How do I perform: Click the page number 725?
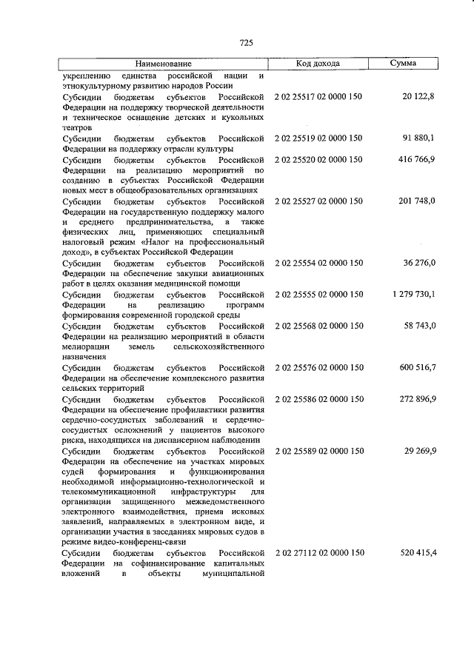click(x=247, y=43)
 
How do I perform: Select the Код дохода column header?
click(x=318, y=64)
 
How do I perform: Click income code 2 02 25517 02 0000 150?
click(x=318, y=97)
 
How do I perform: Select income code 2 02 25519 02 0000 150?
click(x=318, y=138)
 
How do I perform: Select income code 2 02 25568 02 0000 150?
click(x=318, y=326)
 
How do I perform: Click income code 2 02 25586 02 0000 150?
click(x=318, y=399)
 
